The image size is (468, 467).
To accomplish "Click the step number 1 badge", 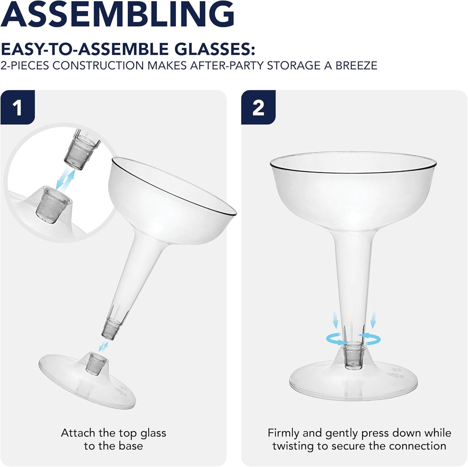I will [17, 107].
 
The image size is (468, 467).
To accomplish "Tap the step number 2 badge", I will [258, 107].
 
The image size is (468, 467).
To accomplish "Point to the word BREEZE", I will [356, 66].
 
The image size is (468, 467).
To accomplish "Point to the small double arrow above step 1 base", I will [103, 346].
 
